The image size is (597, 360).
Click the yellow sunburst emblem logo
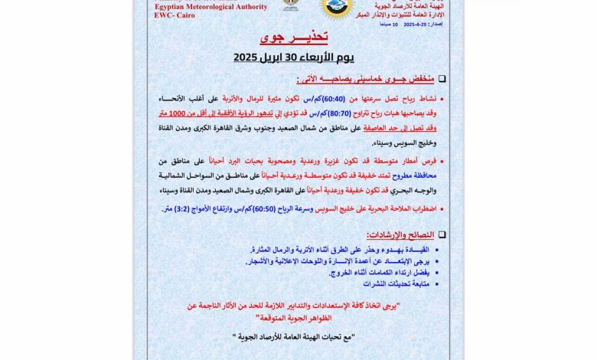point(337,8)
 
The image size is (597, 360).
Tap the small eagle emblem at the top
point(292,5)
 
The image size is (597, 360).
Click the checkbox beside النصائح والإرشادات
point(442,234)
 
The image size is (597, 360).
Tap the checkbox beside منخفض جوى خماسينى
point(442,79)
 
